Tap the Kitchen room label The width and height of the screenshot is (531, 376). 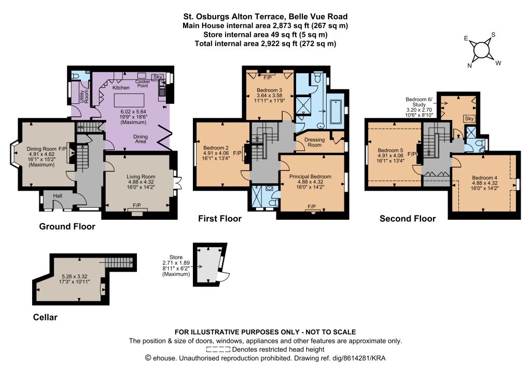(x=121, y=87)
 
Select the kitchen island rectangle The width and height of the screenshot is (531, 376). (x=129, y=100)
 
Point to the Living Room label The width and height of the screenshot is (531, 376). (x=141, y=177)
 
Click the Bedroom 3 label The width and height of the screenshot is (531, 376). (x=269, y=90)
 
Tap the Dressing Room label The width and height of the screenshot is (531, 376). (x=314, y=142)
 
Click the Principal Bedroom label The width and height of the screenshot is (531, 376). (x=310, y=176)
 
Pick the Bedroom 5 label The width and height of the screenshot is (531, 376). (x=390, y=150)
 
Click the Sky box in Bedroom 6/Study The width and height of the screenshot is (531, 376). (x=469, y=118)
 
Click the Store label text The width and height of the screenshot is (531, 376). (x=176, y=258)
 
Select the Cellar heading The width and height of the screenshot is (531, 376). (x=45, y=317)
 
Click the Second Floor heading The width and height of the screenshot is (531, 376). (x=408, y=219)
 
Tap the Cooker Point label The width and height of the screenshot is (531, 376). (x=143, y=84)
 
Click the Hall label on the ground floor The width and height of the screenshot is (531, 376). (x=58, y=196)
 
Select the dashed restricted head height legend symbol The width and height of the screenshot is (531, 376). (x=218, y=350)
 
